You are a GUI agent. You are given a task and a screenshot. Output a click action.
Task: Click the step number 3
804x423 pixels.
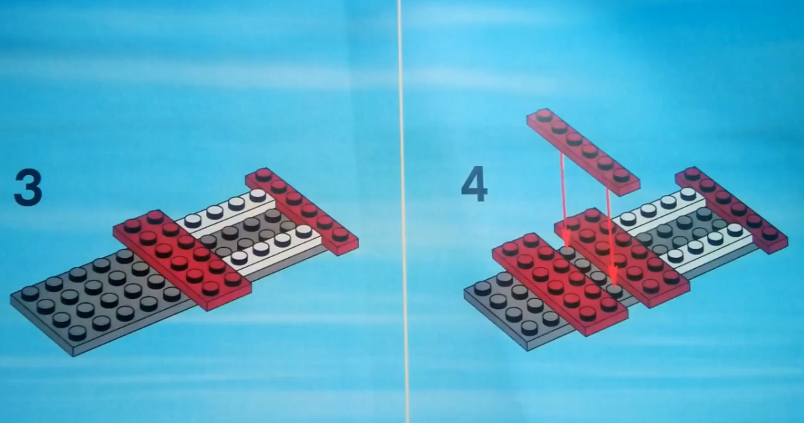[28, 188]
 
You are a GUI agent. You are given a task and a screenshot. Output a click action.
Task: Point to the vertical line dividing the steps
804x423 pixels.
[403, 211]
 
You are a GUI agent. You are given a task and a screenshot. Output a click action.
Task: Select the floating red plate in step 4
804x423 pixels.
[583, 151]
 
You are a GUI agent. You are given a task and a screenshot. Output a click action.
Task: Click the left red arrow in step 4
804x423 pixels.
[564, 199]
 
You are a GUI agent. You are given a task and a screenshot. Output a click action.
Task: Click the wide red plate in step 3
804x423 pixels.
[182, 259]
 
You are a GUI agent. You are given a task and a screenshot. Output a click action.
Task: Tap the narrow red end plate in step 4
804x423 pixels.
[731, 209]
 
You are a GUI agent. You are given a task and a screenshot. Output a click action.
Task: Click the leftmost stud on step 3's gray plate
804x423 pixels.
[30, 293]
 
